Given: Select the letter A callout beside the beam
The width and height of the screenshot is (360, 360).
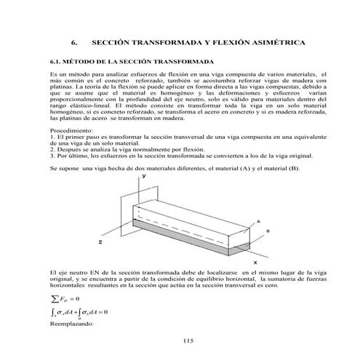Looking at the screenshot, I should [259, 221].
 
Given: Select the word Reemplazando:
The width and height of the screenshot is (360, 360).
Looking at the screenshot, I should [71, 323].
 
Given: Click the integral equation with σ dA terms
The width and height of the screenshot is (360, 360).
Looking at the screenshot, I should [76, 312].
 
